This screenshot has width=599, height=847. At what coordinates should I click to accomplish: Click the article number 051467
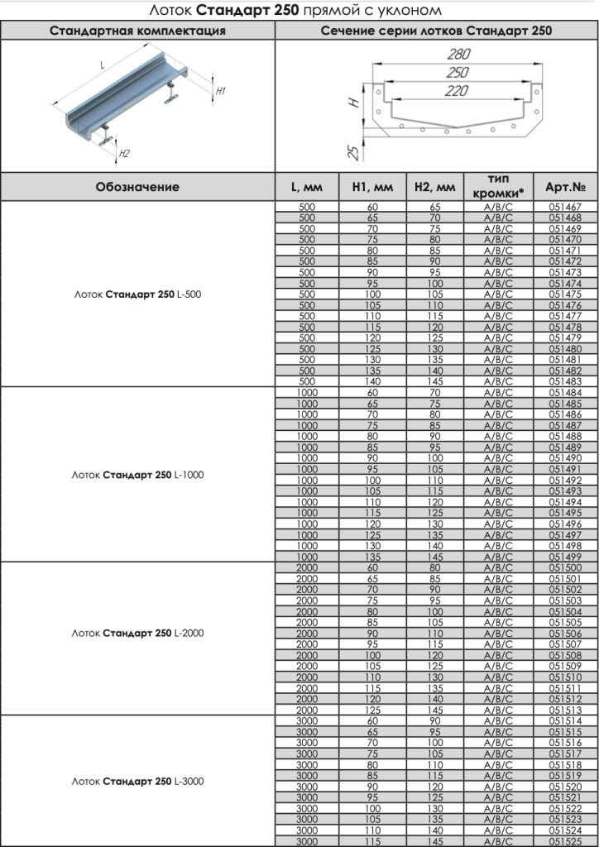point(566,207)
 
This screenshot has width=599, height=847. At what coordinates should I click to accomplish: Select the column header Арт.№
point(566,187)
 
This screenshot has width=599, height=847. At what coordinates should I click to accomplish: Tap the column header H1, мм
point(373,187)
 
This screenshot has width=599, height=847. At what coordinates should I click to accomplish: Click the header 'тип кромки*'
point(498,186)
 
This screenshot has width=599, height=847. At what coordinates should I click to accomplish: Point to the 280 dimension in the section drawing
point(457,55)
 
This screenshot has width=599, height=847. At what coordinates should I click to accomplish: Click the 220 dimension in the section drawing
point(456,91)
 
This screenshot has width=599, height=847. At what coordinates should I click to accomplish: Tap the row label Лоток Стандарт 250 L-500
point(137,294)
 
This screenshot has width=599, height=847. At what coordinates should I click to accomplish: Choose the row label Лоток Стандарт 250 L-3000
point(137,781)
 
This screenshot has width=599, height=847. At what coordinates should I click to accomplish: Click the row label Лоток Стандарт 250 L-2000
point(137,634)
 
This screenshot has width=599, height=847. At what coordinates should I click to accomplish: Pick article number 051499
point(566,557)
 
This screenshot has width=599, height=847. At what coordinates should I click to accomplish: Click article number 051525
point(566,841)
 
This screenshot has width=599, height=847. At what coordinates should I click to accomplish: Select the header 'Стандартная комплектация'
point(137,31)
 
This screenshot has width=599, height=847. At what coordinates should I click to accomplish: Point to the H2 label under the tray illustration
point(123,153)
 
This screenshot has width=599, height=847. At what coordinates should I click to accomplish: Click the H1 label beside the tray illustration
point(220,91)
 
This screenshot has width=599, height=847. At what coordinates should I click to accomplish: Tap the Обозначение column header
point(137,187)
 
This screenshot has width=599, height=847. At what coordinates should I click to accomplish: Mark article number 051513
point(566,710)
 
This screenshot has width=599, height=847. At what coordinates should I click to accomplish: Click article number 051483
point(566,381)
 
